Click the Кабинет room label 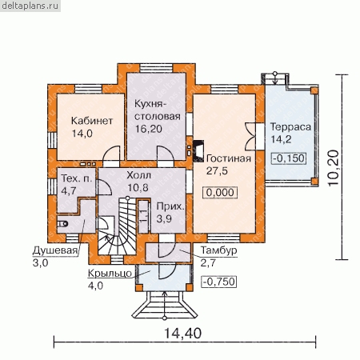coord(92,121)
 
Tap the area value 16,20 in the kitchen coord(149,129)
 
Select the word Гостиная coord(229,158)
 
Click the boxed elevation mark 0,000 coord(220,192)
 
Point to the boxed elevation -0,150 coord(289,158)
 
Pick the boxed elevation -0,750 coord(219,282)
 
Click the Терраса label coord(291,127)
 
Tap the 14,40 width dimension coord(182,334)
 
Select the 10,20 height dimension coord(334,168)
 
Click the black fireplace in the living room coord(198,151)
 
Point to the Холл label coord(138,175)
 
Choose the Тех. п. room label coord(77,178)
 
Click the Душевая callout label coord(55,250)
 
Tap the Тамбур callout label coord(218,250)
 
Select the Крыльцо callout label coord(110,274)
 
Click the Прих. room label coord(170,206)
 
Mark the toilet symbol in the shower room coord(63,224)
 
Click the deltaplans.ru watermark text coord(30,6)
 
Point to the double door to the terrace coord(251,136)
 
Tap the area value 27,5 coord(217,170)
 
